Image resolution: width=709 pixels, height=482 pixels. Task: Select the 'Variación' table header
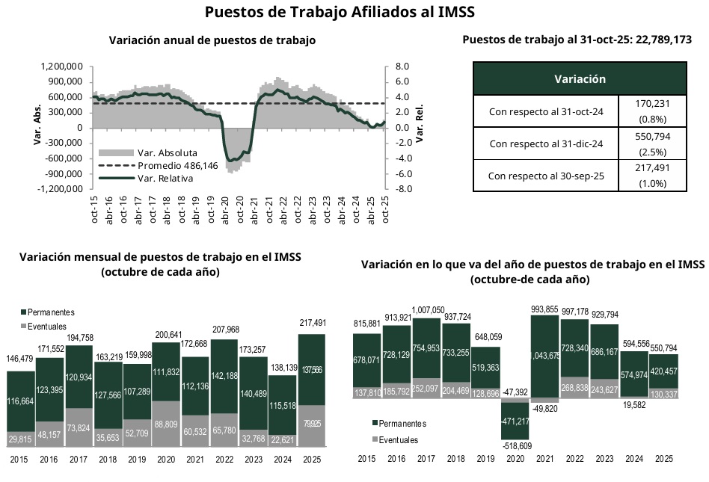[x=580, y=78]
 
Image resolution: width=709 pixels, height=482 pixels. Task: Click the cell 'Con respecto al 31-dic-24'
[x=546, y=143]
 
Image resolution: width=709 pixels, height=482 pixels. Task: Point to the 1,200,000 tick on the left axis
[x=62, y=67]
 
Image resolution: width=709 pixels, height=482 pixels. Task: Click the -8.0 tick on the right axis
[x=402, y=189]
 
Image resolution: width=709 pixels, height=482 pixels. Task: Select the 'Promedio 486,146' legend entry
[x=177, y=165]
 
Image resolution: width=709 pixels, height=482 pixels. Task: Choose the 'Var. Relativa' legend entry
[x=165, y=179]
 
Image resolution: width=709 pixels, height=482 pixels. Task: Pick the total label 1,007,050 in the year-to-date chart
[x=426, y=309]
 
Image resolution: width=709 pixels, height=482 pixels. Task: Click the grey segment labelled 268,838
[x=574, y=389]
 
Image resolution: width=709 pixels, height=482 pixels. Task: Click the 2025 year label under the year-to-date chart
[x=663, y=458]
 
